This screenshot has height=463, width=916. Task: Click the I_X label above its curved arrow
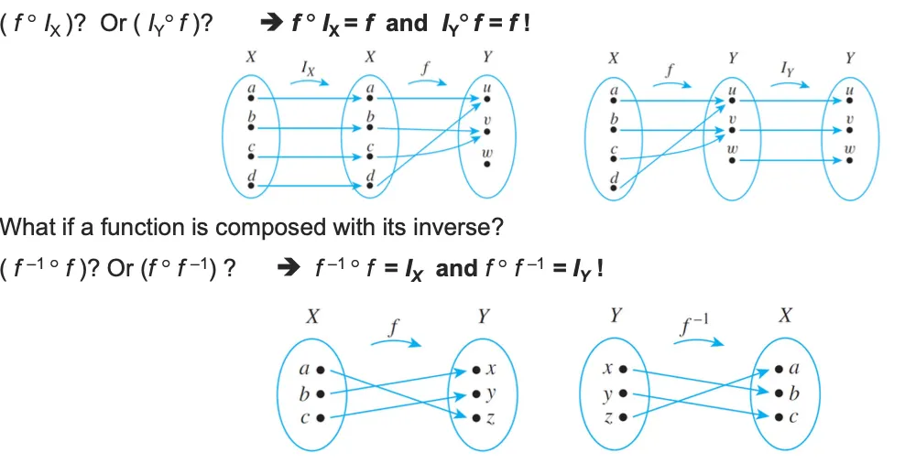[x=309, y=66]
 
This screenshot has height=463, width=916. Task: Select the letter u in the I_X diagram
[x=487, y=89]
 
